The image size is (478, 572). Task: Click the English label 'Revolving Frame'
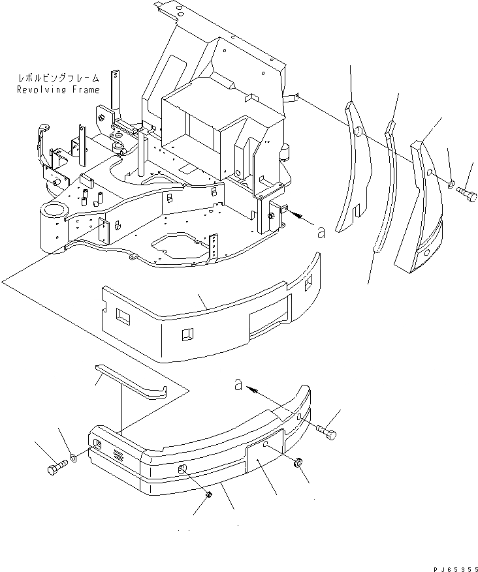[x=58, y=90]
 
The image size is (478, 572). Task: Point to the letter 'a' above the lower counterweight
[x=240, y=385]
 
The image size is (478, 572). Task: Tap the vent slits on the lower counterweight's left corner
[x=116, y=453]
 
